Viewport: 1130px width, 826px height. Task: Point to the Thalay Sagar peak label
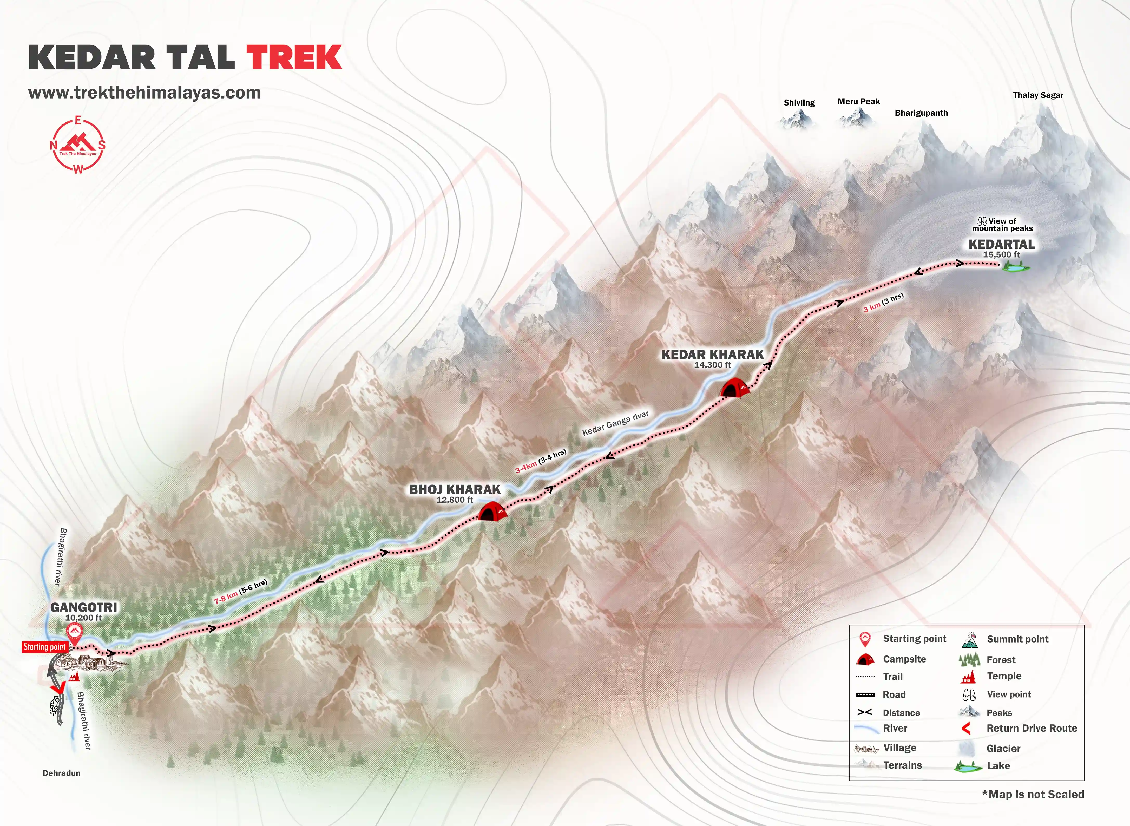click(1038, 95)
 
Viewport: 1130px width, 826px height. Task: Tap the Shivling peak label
click(799, 102)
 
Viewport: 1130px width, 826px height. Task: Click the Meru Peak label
click(858, 102)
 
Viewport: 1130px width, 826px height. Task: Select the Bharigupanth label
click(921, 113)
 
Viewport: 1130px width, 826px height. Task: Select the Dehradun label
click(62, 773)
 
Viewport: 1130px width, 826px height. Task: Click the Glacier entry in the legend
click(1003, 749)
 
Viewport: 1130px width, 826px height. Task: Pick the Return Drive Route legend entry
click(1032, 729)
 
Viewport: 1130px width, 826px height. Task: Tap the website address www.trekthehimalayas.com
click(144, 93)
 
